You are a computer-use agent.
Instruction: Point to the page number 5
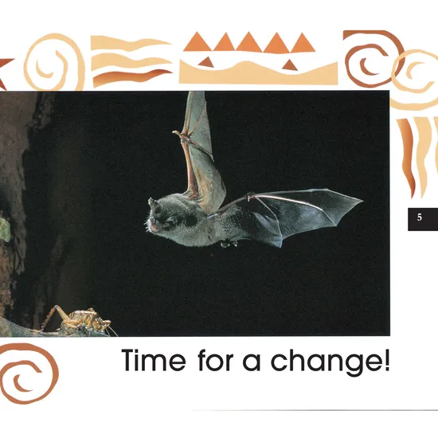420,217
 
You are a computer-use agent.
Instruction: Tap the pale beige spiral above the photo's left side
53,61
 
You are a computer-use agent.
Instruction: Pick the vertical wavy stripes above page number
418,155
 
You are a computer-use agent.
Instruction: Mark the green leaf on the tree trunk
4,229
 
